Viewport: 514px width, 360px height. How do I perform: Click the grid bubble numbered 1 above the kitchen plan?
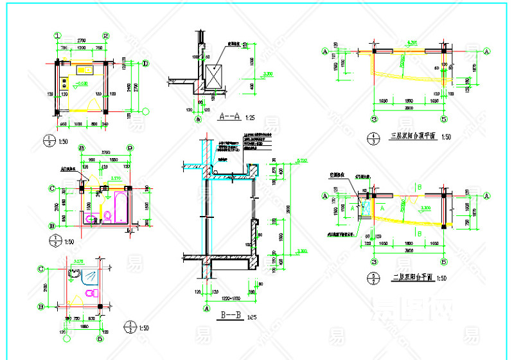coord(57,36)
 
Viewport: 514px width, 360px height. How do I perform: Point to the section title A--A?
coord(229,117)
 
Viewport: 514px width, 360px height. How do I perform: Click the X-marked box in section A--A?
coord(214,75)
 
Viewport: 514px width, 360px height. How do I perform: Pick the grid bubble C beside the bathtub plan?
coord(51,188)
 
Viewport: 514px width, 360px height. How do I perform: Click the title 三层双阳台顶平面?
coord(413,136)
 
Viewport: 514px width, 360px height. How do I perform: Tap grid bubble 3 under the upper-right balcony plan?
coord(373,119)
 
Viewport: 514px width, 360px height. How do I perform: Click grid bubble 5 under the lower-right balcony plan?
coord(443,262)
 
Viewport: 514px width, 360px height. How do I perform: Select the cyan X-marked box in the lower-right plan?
coord(367,210)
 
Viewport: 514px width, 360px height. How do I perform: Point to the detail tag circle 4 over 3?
coord(374,136)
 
